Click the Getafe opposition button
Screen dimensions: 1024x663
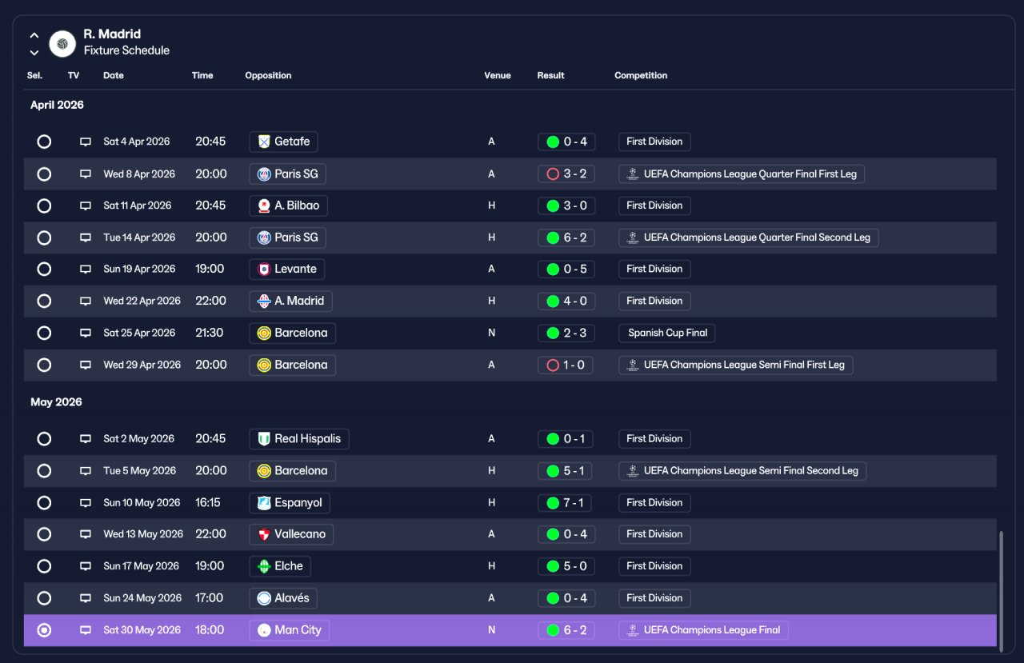coord(283,142)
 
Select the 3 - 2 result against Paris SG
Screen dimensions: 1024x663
coord(566,174)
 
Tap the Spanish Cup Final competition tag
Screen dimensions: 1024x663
coord(667,333)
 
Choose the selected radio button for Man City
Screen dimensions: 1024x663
coord(44,630)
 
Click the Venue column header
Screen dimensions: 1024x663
coord(498,75)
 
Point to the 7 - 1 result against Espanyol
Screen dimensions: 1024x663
coord(565,502)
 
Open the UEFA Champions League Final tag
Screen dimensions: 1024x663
coord(703,630)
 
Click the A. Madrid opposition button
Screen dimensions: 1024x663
coord(290,301)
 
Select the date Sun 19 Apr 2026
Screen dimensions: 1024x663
coord(139,269)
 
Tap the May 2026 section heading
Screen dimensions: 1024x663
coord(56,402)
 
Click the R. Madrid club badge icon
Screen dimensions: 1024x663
coord(62,44)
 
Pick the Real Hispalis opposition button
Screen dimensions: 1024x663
coord(299,438)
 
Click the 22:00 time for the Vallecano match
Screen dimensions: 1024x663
coord(210,533)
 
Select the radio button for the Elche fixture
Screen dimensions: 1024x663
coord(44,566)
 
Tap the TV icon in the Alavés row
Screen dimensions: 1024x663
coord(86,598)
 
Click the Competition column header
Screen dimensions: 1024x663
coord(641,75)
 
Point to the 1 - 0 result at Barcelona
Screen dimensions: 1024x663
coord(566,365)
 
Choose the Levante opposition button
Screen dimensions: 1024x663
coord(287,269)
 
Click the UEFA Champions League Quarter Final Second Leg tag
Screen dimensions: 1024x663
coord(748,238)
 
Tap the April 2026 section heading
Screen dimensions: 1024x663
coord(57,105)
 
